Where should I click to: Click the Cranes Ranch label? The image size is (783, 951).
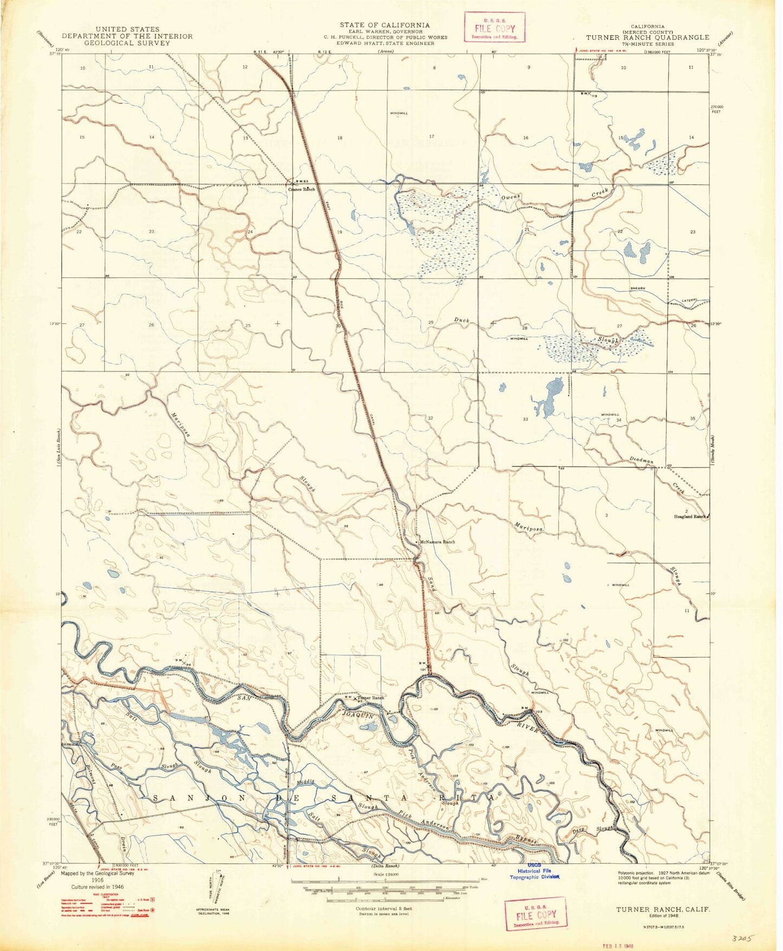pos(301,190)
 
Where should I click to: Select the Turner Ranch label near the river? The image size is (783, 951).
pos(370,698)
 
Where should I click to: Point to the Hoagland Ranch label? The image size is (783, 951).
pos(692,517)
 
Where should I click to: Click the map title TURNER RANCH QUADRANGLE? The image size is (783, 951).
pos(648,37)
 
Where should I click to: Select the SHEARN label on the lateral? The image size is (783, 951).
pos(637,288)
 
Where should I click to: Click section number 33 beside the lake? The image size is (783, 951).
pos(525,419)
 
